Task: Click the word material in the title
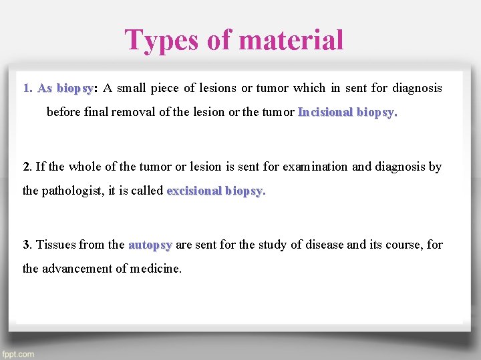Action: click(x=291, y=40)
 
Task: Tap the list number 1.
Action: click(x=27, y=88)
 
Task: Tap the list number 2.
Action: click(x=26, y=167)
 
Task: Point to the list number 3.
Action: click(x=26, y=245)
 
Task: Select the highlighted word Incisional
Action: click(x=325, y=112)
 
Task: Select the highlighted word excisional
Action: click(x=194, y=191)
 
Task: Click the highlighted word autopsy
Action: click(x=150, y=245)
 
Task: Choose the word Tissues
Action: click(x=55, y=245)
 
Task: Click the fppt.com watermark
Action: click(x=19, y=354)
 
